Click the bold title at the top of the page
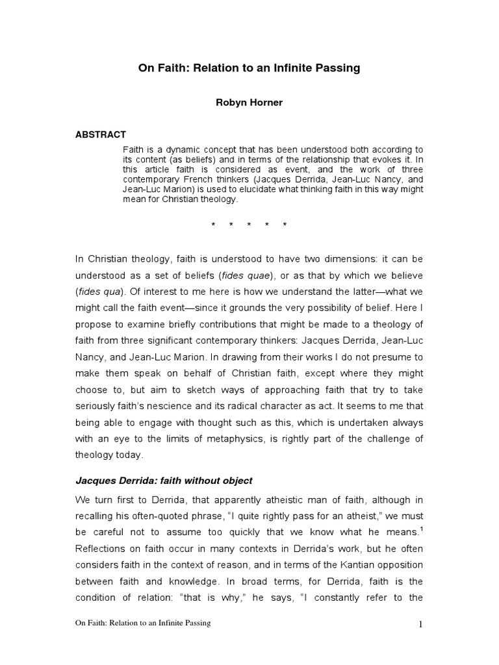coord(249,68)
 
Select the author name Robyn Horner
coord(249,103)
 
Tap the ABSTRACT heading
coord(101,135)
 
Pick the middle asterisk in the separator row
coord(249,225)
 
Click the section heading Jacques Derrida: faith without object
coord(164,481)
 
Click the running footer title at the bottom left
coord(143,642)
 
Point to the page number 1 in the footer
coord(420,643)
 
